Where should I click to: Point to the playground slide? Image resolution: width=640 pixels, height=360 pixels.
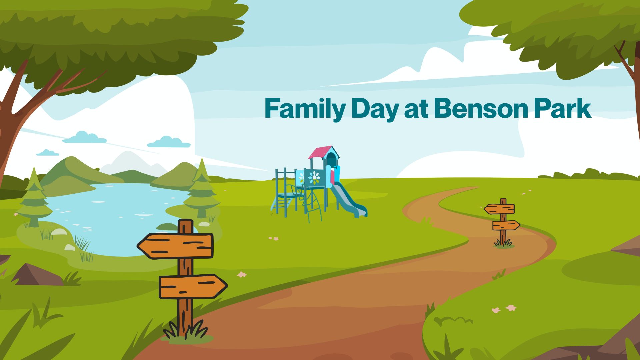(x=348, y=200)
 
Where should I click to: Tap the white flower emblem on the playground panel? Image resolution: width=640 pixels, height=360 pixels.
(x=314, y=177)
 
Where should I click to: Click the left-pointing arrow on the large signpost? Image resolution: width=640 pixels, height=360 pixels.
(x=175, y=246)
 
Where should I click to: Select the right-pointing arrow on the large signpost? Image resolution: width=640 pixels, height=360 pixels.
(x=193, y=286)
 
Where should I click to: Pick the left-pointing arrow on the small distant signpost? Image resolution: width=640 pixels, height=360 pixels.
(x=499, y=209)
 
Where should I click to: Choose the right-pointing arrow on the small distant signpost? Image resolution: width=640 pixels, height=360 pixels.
(x=506, y=225)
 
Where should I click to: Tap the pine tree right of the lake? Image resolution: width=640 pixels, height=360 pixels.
(x=202, y=189)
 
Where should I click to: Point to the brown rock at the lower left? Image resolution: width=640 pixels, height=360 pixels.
(x=37, y=275)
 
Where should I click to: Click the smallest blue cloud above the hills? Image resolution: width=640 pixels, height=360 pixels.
(x=48, y=153)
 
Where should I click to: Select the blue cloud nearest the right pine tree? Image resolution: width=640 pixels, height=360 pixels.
(x=169, y=142)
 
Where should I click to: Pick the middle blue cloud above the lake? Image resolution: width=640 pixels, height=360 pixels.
(x=84, y=137)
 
